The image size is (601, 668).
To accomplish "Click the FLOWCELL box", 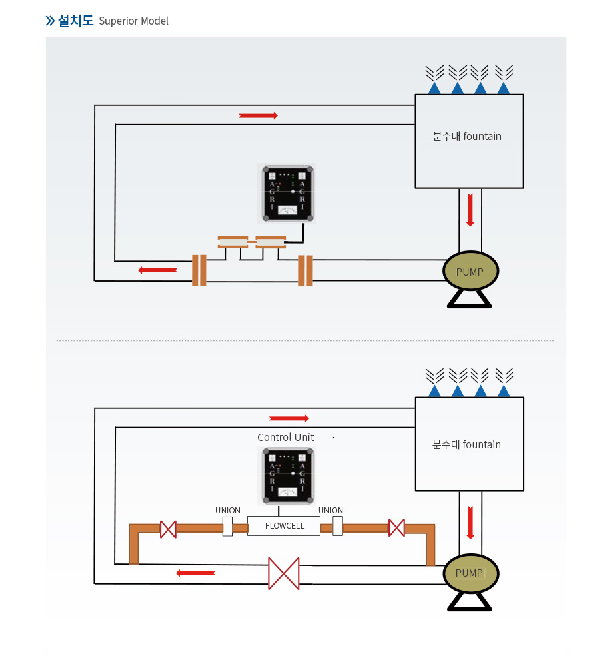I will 284,526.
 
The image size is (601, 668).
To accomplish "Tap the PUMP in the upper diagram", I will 471,271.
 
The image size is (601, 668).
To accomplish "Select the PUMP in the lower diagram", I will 470,573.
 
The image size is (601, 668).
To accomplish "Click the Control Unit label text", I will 285,438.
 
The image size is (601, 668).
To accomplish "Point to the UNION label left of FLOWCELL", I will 228,511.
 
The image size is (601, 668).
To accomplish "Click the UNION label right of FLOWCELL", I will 330,511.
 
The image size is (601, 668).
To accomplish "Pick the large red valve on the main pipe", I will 284,573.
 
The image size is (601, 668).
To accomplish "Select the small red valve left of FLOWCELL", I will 168,529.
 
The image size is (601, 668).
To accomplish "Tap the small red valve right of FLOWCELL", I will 396,528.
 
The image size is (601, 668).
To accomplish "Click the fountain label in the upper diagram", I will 467,137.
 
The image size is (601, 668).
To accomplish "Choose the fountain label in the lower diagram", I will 466,445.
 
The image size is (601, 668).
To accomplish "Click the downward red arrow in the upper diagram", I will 470,210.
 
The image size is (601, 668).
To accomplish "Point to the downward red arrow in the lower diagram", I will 470,523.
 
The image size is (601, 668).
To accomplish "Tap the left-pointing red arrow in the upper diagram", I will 157,270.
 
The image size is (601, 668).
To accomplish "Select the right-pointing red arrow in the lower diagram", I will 289,419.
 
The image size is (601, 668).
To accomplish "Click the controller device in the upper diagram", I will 287,192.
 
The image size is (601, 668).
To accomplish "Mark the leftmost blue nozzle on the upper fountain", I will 434,88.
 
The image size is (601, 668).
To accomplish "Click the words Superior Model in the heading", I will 133,21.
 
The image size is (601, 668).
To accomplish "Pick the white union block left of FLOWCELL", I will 227,526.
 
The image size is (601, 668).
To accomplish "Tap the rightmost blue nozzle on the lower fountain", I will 504,391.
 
